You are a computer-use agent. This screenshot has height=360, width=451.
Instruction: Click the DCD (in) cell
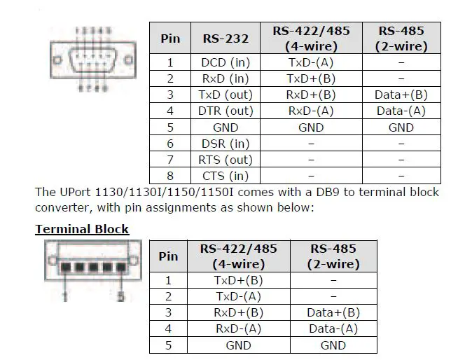(224, 62)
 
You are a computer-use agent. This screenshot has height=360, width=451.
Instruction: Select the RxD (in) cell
(224, 78)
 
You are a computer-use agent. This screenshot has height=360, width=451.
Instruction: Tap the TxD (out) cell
(225, 95)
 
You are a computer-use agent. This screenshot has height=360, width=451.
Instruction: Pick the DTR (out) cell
(225, 111)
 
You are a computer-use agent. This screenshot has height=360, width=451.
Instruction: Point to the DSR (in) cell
(224, 144)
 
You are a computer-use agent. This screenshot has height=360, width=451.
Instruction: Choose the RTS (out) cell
(225, 160)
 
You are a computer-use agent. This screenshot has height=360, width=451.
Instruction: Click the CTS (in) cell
(224, 176)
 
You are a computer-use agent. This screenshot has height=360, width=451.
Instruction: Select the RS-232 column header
(225, 39)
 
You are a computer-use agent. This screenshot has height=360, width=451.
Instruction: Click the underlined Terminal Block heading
(82, 229)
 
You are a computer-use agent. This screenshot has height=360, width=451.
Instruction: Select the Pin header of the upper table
(170, 39)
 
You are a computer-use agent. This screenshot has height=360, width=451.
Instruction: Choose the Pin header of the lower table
(168, 256)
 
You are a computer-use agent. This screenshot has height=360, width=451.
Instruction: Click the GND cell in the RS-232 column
(224, 127)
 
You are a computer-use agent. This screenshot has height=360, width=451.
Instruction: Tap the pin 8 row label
(170, 176)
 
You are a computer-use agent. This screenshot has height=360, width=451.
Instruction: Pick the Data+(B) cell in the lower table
(333, 312)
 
